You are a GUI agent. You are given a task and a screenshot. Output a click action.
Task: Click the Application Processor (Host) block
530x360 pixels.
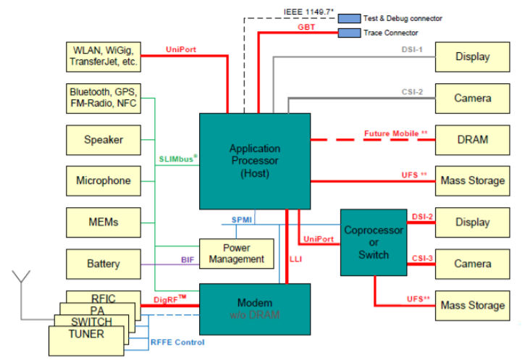[x=254, y=161]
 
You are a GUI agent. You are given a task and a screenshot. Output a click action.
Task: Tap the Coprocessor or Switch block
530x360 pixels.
[x=373, y=242]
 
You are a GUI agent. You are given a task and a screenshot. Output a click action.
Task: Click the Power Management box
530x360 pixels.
[x=236, y=253]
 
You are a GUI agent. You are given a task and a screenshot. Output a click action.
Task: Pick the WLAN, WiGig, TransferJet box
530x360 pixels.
[x=103, y=56]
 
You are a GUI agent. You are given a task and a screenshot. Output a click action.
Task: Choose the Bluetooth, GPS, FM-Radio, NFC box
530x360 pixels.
[x=103, y=98]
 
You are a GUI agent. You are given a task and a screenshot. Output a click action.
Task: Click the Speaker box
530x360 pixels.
[x=103, y=140]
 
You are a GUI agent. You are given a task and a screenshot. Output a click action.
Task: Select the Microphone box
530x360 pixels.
[x=103, y=181]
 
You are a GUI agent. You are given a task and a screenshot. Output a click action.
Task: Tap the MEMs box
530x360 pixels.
[x=103, y=222]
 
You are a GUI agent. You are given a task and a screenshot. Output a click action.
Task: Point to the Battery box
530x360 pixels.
[x=103, y=264]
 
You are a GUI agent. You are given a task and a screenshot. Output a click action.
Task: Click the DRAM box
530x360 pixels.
[x=472, y=140]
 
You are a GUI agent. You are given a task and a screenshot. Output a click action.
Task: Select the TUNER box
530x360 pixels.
[x=85, y=335]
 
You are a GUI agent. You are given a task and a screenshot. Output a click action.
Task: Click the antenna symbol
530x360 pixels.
[x=22, y=279]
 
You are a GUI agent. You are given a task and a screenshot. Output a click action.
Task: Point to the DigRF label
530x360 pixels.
[x=169, y=299]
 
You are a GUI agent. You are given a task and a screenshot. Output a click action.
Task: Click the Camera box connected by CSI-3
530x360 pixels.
[x=472, y=264]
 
